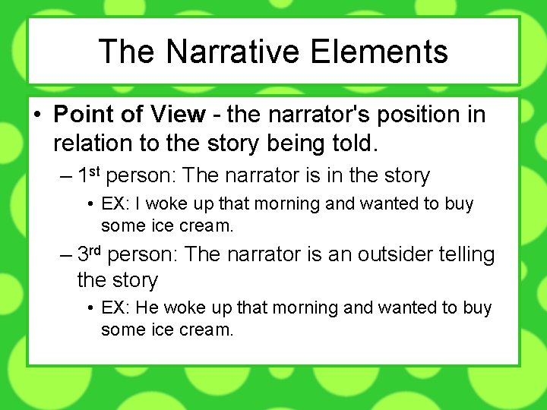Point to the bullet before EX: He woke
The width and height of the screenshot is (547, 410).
coord(90,308)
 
